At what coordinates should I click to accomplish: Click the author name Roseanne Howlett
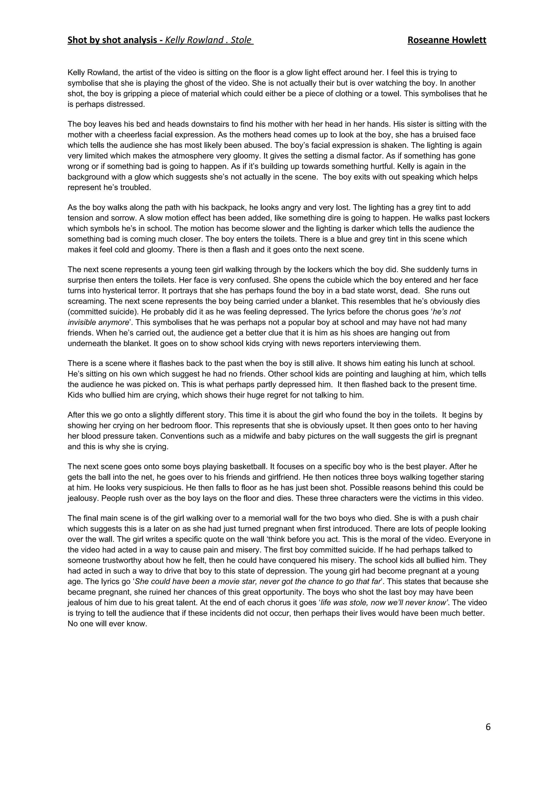447,40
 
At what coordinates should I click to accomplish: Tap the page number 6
488,727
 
